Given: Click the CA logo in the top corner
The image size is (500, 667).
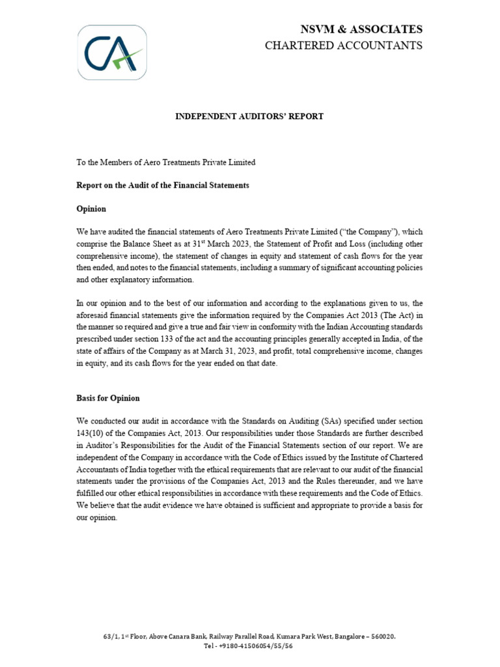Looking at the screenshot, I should (111, 53).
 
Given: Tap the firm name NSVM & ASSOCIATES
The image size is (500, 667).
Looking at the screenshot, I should (361, 29).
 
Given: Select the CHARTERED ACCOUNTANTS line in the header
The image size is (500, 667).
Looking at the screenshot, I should (343, 45).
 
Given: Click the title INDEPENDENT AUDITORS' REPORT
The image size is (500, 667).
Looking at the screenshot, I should (249, 117).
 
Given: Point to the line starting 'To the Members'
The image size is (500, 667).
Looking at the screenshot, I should (166, 162).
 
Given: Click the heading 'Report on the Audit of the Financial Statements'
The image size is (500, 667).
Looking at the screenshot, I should (163, 186).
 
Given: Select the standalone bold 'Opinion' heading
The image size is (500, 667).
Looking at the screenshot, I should (91, 209).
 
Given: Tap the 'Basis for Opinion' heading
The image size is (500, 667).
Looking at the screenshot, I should (108, 398).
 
